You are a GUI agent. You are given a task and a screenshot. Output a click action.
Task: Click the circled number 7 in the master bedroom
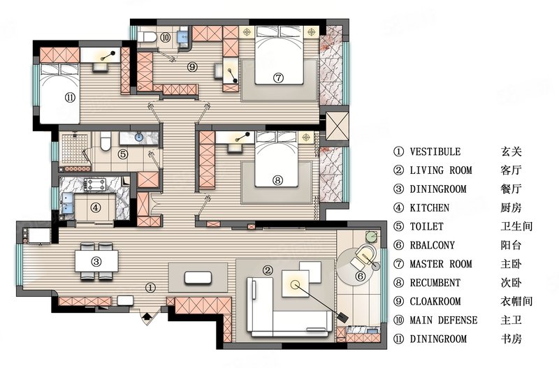coord(278,78)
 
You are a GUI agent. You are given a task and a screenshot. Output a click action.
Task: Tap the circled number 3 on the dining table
coord(96,262)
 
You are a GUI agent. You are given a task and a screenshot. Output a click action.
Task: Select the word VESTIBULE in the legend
coord(435,152)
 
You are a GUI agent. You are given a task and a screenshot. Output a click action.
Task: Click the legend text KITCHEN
coord(429,207)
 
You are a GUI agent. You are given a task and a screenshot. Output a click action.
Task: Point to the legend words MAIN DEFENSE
coord(444,320)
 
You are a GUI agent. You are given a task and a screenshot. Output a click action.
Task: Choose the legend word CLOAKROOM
coord(435,302)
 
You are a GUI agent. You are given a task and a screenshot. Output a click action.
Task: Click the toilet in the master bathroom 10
coord(147,37)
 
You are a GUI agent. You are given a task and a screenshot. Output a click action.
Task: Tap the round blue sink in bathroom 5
coord(138,137)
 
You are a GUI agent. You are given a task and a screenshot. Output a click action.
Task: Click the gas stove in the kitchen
coord(95,184)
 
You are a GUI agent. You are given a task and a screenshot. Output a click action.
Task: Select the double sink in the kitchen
coord(67,203)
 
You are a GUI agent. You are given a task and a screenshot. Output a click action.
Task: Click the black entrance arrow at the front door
coord(146,316)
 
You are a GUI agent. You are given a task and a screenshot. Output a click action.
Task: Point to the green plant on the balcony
coord(372,237)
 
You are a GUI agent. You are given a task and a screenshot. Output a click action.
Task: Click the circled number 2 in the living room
coord(268,270)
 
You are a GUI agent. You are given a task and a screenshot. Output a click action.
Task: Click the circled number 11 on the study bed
coord(71,97)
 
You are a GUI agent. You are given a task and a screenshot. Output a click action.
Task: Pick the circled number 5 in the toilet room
coord(123,154)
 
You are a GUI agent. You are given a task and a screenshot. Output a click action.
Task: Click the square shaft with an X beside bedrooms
coord(337,126)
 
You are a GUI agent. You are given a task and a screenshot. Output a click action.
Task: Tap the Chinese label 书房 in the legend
coord(511,339)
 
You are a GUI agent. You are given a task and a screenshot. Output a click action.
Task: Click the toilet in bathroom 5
coord(106,141)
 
